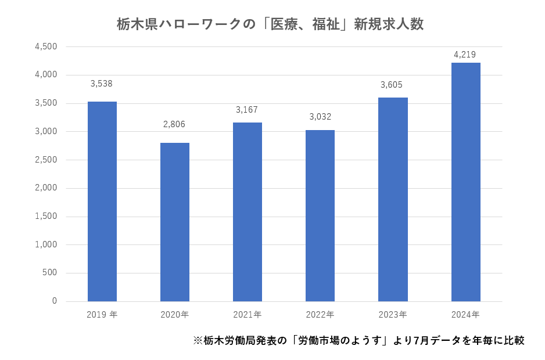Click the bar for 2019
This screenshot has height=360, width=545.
(102, 201)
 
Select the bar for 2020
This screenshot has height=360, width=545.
(175, 222)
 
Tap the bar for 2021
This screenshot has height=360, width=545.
(248, 212)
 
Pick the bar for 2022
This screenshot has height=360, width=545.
(320, 215)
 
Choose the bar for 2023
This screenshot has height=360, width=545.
(393, 199)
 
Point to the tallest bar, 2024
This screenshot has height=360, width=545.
(465, 182)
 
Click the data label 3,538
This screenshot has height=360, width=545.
(102, 84)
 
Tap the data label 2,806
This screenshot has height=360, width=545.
(174, 125)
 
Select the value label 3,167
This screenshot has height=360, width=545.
(247, 110)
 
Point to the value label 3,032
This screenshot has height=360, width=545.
(320, 117)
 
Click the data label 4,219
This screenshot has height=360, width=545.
(465, 55)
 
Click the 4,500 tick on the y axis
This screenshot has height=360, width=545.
(46, 47)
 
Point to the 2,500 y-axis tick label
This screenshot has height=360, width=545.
(46, 160)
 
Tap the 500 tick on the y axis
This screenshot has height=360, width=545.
(50, 273)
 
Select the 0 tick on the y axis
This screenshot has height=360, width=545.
(54, 301)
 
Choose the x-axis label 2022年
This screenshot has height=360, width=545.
(320, 315)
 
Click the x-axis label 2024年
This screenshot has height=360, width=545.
(465, 315)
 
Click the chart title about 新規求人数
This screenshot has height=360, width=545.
(270, 25)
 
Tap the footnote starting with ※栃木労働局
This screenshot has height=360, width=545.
(358, 341)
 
